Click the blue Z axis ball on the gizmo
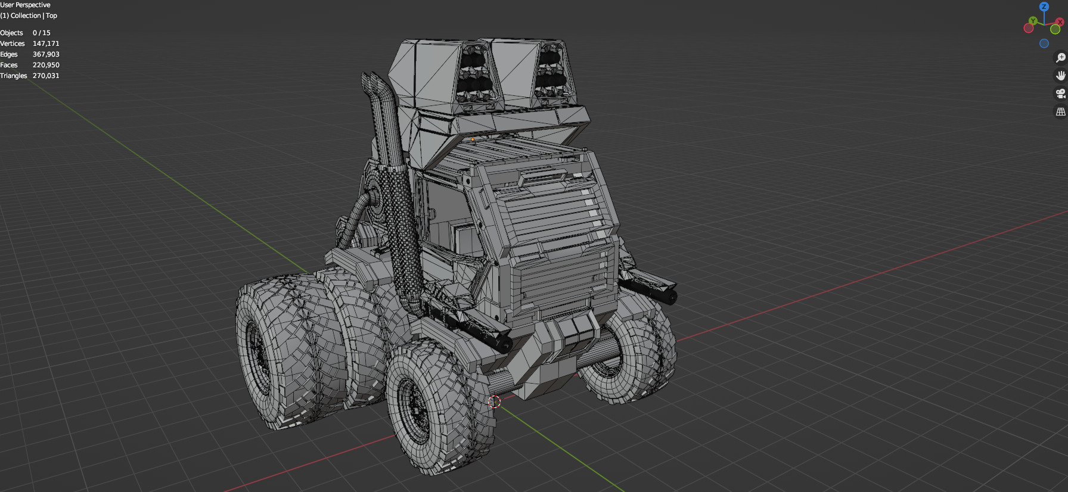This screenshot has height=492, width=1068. pos(1044,7)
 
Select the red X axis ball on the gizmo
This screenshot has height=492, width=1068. pos(1060,22)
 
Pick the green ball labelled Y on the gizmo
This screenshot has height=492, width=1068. pos(1033,21)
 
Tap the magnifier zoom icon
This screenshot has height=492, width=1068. pos(1060,58)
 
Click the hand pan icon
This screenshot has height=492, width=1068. pos(1060,76)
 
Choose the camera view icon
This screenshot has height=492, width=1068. pos(1060,94)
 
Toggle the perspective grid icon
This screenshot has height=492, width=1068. pos(1060,111)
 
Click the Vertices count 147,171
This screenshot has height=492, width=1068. pos(46,43)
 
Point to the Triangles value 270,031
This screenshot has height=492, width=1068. pos(46,76)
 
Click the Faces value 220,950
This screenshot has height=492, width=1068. pos(46,65)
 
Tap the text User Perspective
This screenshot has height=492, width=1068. pos(25,5)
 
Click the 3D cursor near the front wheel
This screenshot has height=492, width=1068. pos(494,401)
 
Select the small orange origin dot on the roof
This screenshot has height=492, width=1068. pos(473,139)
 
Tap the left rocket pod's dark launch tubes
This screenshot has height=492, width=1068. pos(475,74)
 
